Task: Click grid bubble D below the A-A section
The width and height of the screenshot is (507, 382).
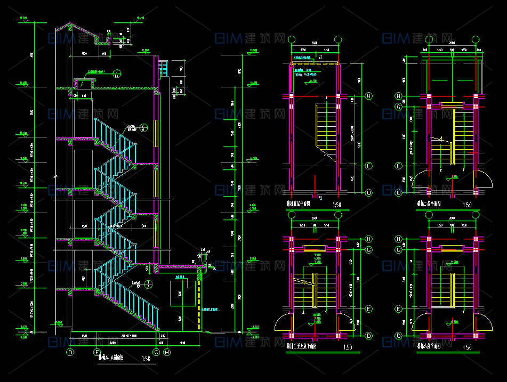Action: pyautogui.click(x=70, y=352)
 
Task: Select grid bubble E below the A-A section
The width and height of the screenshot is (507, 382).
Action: pyautogui.click(x=96, y=352)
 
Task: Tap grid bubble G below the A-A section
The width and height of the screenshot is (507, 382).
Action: pyautogui.click(x=156, y=352)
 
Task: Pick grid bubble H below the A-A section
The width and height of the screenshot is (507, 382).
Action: pyautogui.click(x=167, y=352)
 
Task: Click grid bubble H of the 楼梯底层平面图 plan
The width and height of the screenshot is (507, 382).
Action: pyautogui.click(x=368, y=96)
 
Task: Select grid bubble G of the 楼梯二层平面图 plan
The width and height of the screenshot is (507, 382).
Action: pyautogui.click(x=398, y=107)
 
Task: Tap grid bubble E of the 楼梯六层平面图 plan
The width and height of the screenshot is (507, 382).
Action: pyautogui.click(x=398, y=309)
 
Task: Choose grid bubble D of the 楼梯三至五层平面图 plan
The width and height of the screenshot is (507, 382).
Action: pyautogui.click(x=368, y=335)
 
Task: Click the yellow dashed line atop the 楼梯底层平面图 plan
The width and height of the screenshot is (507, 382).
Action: pyautogui.click(x=315, y=64)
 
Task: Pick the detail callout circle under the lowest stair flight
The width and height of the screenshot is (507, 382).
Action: pyautogui.click(x=149, y=283)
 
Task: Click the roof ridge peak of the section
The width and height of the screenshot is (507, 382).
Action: pyautogui.click(x=70, y=23)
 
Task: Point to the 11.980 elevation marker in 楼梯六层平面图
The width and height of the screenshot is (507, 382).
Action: pyautogui.click(x=454, y=262)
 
